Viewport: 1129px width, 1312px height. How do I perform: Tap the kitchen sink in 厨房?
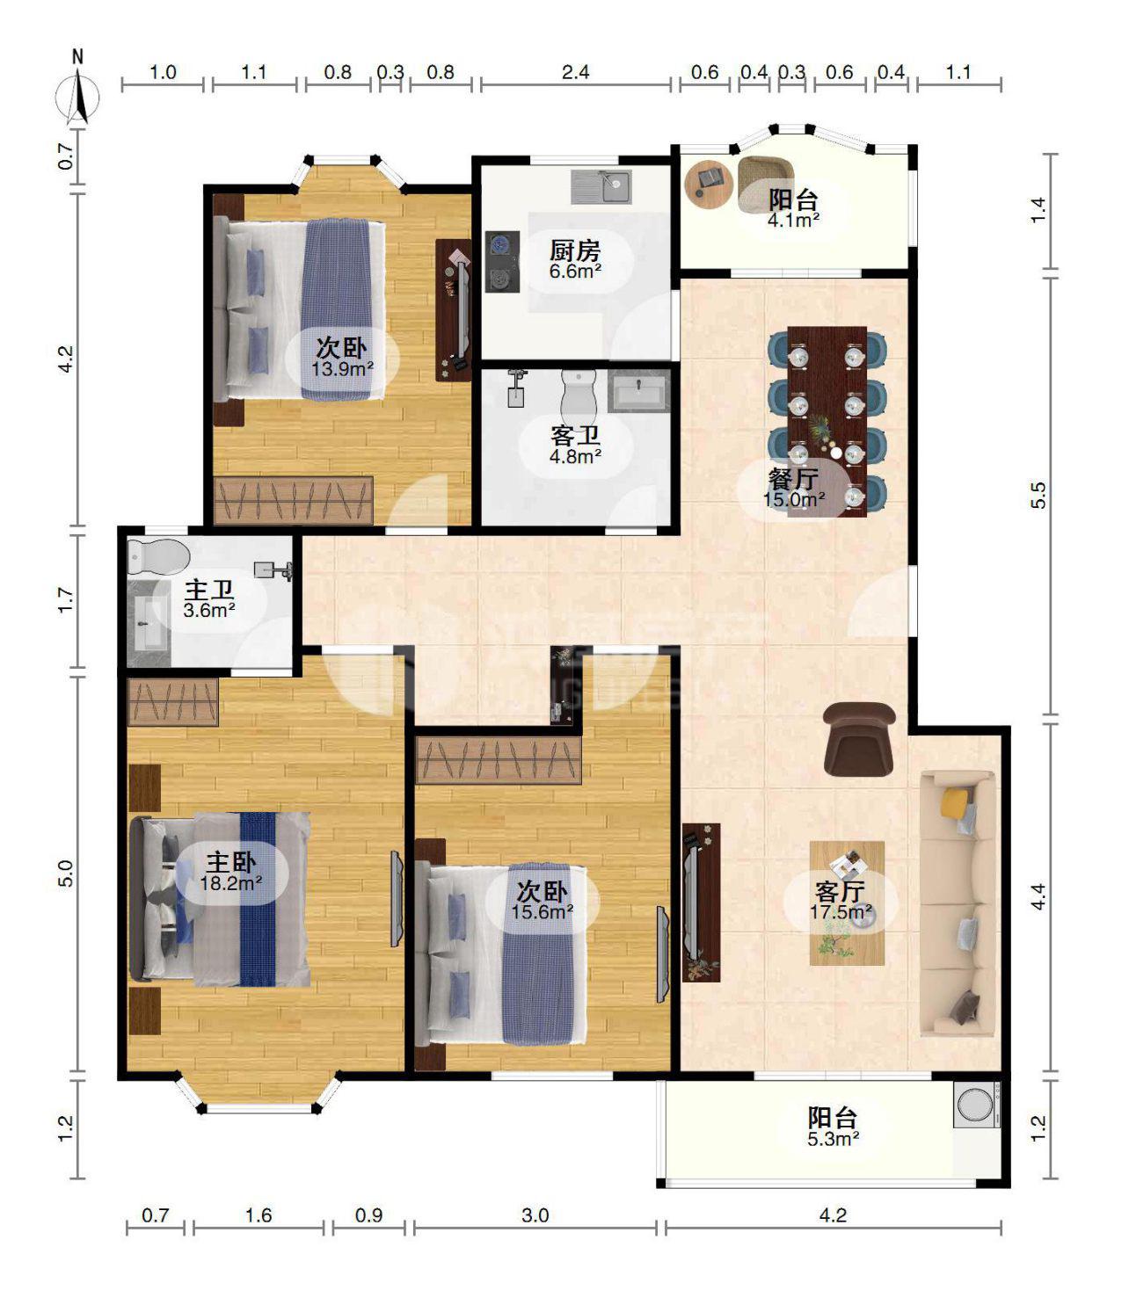[600, 186]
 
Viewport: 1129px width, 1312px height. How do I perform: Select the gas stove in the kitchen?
[502, 261]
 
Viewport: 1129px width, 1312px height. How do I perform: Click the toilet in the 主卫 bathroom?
[158, 556]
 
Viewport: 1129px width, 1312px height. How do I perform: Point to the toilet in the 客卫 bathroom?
[579, 397]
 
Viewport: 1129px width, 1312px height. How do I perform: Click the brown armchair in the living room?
[859, 738]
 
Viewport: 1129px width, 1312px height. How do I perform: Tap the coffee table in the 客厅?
[847, 903]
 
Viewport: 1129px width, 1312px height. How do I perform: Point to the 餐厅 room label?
[793, 479]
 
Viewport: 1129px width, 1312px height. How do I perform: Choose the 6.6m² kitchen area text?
[575, 271]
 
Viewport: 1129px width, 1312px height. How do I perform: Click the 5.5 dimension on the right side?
[1038, 496]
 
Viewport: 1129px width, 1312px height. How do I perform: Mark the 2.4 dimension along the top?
[575, 72]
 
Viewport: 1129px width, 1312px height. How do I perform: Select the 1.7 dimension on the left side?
[66, 600]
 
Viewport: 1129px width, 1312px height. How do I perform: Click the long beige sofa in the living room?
[958, 904]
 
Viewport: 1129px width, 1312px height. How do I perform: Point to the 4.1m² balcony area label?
[794, 221]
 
